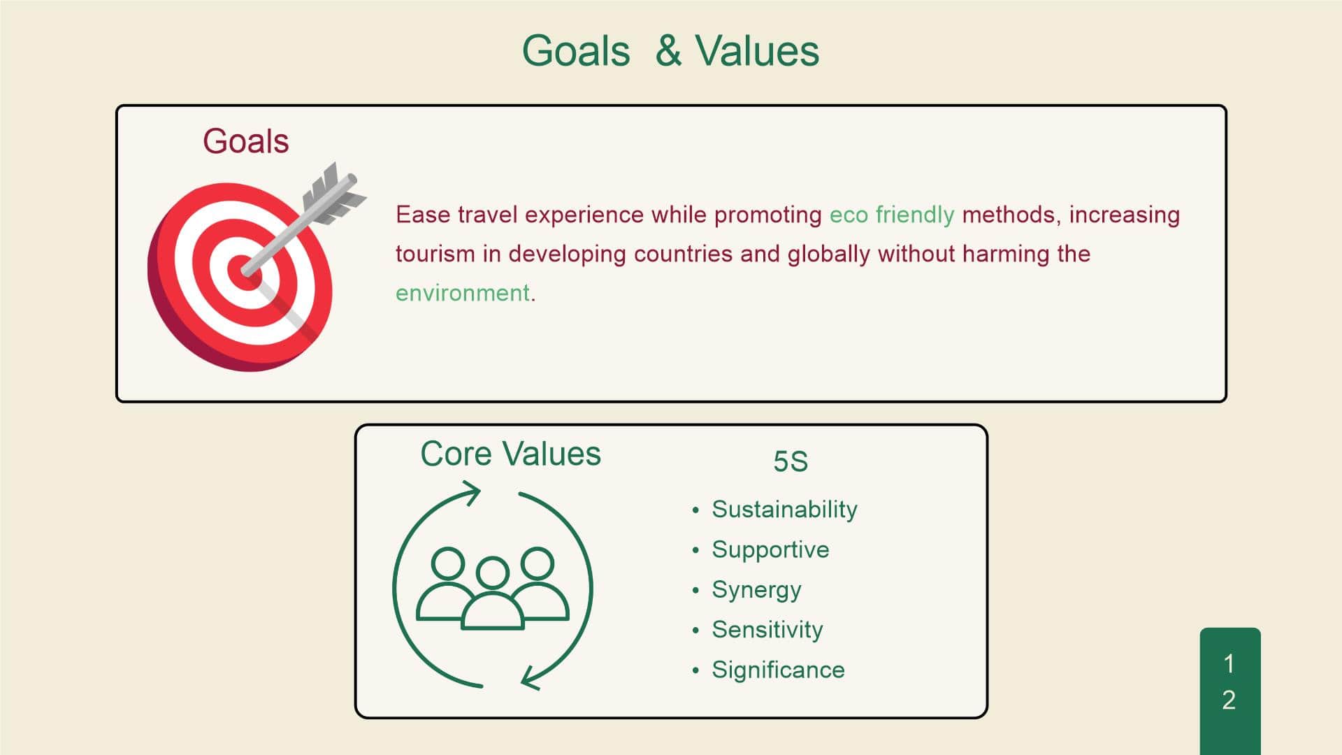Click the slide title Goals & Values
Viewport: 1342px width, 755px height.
click(670, 51)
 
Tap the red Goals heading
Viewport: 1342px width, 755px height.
click(245, 141)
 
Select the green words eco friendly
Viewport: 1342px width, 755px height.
click(891, 215)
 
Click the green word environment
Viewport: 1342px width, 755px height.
click(462, 293)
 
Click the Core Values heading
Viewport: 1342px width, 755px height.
click(510, 454)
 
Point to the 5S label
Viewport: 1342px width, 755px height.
click(791, 461)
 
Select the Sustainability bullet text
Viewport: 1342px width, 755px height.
click(784, 510)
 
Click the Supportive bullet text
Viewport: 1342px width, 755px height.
click(770, 549)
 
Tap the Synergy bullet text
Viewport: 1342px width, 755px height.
click(756, 590)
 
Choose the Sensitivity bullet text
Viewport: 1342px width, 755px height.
click(767, 630)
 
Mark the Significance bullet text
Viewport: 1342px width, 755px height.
click(778, 670)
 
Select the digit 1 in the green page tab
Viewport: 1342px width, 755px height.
click(1229, 663)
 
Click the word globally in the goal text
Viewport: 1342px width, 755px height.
click(828, 254)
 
